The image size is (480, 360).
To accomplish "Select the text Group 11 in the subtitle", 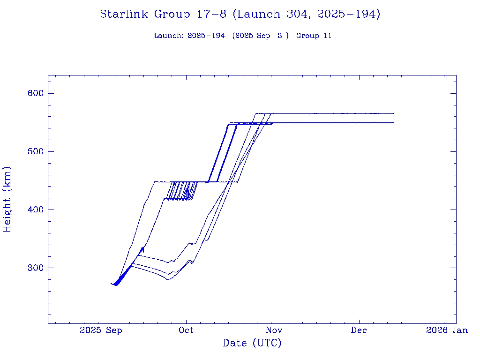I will (x=314, y=36).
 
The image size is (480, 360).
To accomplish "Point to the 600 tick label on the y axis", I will (x=36, y=93).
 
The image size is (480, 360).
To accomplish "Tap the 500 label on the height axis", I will (x=36, y=151).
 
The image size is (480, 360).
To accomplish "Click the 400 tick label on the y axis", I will (x=36, y=210).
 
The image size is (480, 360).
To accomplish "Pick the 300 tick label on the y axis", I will (x=36, y=268).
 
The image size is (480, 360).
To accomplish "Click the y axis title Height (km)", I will (x=7, y=199).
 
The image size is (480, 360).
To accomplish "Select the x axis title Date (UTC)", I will (x=252, y=343).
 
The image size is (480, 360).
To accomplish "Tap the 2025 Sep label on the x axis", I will (x=101, y=330).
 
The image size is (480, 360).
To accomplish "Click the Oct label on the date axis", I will (x=186, y=330).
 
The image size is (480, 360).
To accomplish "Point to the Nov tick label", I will (x=273, y=330).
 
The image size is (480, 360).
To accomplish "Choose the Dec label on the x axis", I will (x=359, y=330).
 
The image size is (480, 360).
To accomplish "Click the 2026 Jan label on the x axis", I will (x=446, y=330).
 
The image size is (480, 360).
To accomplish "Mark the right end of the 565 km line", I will (x=393, y=113).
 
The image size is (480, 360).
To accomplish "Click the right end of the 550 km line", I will (x=393, y=122).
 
